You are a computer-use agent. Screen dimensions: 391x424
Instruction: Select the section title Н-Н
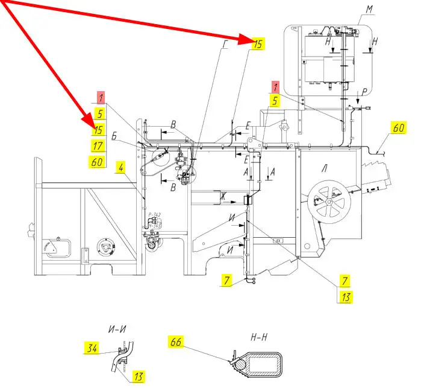pyautogui.click(x=258, y=339)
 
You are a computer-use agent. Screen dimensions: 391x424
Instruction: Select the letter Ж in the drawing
pyautogui.click(x=222, y=195)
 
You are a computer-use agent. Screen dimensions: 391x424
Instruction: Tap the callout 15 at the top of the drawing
pyautogui.click(x=257, y=43)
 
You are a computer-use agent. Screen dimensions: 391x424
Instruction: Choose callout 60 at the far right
pyautogui.click(x=399, y=127)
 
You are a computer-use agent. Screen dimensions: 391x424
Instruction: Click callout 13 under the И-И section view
pyautogui.click(x=138, y=377)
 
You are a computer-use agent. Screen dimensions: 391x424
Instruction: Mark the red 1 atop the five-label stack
pyautogui.click(x=102, y=97)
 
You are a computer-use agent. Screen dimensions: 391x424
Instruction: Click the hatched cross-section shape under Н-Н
pyautogui.click(x=258, y=364)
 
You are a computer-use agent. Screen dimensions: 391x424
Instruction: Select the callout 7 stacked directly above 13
pyautogui.click(x=344, y=281)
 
